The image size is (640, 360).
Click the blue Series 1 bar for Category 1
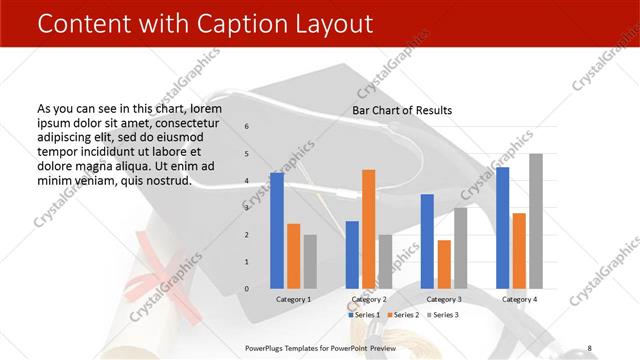coord(277,231)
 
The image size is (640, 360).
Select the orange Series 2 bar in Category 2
coord(368,229)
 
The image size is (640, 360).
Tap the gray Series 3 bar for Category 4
coord(536,221)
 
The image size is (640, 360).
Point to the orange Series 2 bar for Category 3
coord(444,264)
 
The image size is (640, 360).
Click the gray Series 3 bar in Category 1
coord(310,262)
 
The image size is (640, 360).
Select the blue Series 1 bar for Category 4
coord(503,228)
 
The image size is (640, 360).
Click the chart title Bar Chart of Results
coord(402,110)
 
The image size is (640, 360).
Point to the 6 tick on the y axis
coord(247,127)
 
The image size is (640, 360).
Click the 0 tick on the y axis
coord(247,289)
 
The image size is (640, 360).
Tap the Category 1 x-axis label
coord(293,299)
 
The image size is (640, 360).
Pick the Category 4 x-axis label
coord(519,299)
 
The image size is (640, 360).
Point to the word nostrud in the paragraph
coord(166,180)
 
